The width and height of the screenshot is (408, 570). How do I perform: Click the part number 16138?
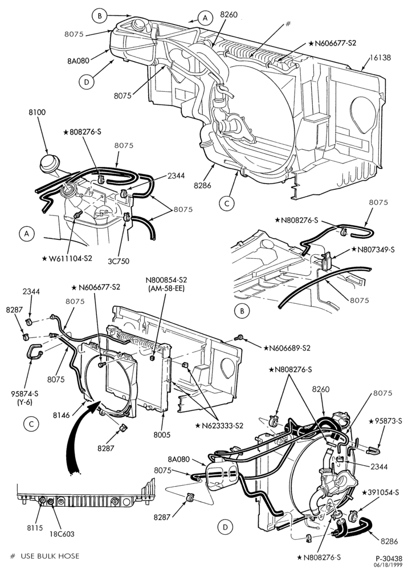pyautogui.click(x=381, y=58)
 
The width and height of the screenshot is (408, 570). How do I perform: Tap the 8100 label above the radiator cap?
pyautogui.click(x=38, y=112)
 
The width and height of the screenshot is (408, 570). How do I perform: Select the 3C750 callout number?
pyautogui.click(x=118, y=261)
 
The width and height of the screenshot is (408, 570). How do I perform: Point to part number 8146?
pyautogui.click(x=60, y=414)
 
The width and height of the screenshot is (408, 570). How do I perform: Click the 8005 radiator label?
pyautogui.click(x=162, y=435)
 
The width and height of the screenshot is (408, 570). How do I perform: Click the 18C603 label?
pyautogui.click(x=62, y=534)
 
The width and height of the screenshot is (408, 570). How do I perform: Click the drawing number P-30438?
pyautogui.click(x=389, y=558)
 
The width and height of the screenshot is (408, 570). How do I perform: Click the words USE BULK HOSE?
pyautogui.click(x=50, y=556)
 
